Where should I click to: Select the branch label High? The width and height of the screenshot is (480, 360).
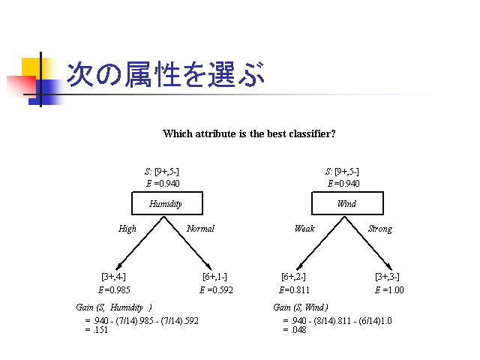point(127,229)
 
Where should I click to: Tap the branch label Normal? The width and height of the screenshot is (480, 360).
point(200,229)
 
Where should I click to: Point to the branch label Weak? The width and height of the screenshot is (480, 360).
point(304,229)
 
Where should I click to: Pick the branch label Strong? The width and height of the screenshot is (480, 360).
point(380,229)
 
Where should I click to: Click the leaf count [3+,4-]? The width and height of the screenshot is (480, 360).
point(113,277)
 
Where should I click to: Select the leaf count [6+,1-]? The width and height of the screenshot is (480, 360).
point(215,277)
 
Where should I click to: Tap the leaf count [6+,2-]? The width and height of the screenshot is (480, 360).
point(293,277)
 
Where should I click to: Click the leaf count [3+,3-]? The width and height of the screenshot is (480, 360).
point(387,277)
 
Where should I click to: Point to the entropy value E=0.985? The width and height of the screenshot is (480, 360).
point(114,290)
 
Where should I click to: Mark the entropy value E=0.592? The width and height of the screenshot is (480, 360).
point(216,290)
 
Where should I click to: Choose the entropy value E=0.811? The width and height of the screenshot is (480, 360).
point(294,290)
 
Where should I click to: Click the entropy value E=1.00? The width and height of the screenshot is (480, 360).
point(389,290)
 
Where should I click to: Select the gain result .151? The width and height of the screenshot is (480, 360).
point(100,330)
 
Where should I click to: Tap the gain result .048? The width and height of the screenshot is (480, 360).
point(298,330)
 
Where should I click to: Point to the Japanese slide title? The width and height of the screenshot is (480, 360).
point(165,74)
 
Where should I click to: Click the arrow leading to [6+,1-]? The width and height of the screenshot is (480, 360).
point(187,243)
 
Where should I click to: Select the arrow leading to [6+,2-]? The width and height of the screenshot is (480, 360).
point(320,243)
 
